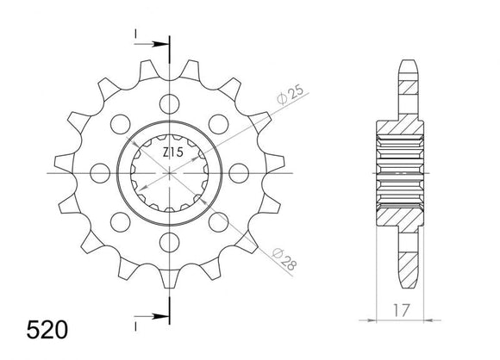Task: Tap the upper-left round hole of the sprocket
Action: coord(122,124)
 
